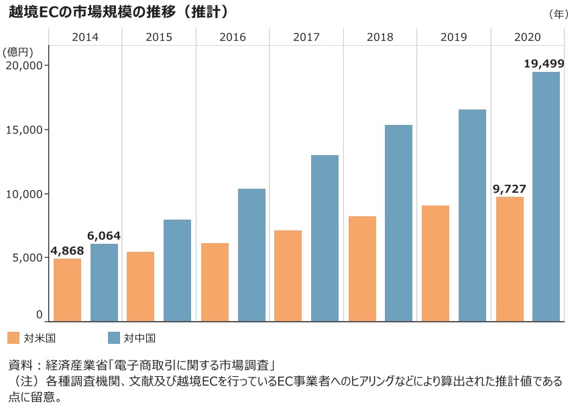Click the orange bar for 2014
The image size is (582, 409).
coord(67,289)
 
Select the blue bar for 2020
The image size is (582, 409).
coord(546,196)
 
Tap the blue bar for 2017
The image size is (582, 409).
coord(325,238)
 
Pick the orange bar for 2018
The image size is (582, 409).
coord(362,269)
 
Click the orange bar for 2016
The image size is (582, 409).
coord(215,282)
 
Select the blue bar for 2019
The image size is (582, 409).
coord(472,215)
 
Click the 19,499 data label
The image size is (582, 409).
coord(544,64)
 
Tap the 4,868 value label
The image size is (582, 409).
coord(67,251)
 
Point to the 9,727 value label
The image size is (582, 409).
coord(510,189)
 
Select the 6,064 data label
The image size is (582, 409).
coord(104,236)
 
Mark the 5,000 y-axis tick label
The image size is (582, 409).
coord(27,257)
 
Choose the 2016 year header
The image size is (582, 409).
coord(233,38)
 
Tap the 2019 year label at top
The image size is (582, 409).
coord(454,38)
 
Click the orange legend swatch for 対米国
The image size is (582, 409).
coord(13,337)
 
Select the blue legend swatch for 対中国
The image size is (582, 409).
coord(114,337)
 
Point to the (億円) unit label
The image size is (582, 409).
coord(17,52)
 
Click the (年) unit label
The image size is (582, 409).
coord(558,13)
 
